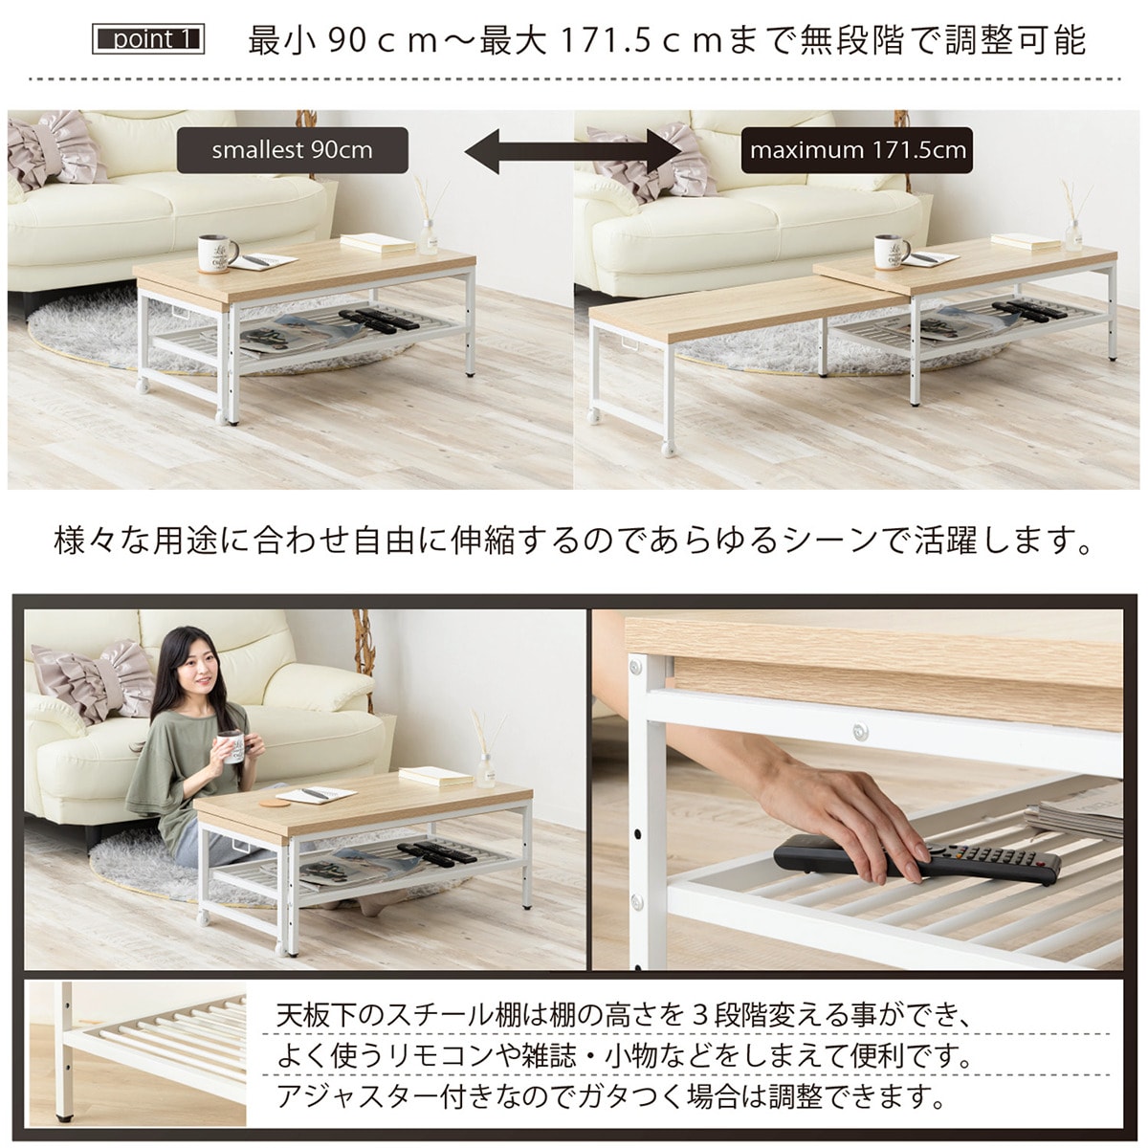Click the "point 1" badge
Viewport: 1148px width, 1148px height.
click(148, 39)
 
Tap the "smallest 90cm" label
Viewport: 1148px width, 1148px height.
click(293, 150)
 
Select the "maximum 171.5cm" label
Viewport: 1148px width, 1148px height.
click(857, 150)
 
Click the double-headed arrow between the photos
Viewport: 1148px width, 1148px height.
click(573, 151)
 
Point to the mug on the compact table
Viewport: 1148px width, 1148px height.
click(216, 254)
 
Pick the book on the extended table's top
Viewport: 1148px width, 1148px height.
click(1026, 241)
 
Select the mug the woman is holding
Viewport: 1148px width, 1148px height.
click(232, 748)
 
